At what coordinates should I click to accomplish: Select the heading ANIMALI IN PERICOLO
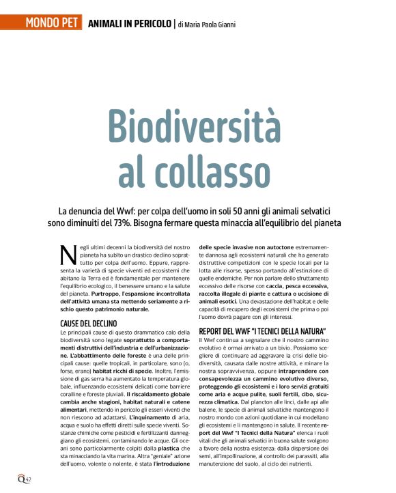(x=130, y=25)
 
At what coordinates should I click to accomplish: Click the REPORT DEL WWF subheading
(x=261, y=331)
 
